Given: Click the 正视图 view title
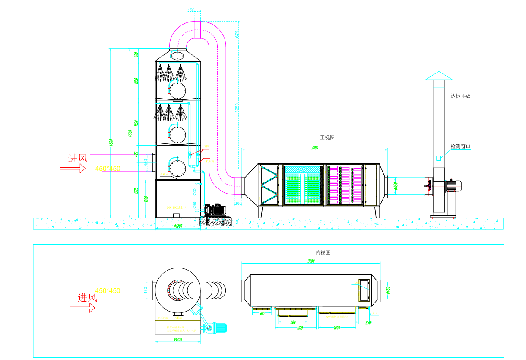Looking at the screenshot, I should (327, 137).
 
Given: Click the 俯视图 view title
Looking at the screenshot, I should (323, 253).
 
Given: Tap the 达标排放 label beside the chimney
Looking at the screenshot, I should (460, 96).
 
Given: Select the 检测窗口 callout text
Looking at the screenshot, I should (460, 147).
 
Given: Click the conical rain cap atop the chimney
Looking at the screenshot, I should (439, 76).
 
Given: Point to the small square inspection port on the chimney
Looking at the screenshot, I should (438, 158).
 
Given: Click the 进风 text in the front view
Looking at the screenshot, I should (78, 159).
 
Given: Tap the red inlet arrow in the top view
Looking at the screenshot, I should (82, 308).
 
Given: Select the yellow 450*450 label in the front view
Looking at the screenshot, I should (108, 168).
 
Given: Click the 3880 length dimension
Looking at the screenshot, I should (315, 148).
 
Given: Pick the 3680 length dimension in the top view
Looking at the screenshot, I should (311, 261).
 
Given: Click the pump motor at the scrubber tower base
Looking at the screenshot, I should (216, 210).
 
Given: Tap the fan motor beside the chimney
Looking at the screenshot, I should (453, 185).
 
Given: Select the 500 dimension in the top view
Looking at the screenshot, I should (261, 314).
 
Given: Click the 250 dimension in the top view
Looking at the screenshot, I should (368, 322).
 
